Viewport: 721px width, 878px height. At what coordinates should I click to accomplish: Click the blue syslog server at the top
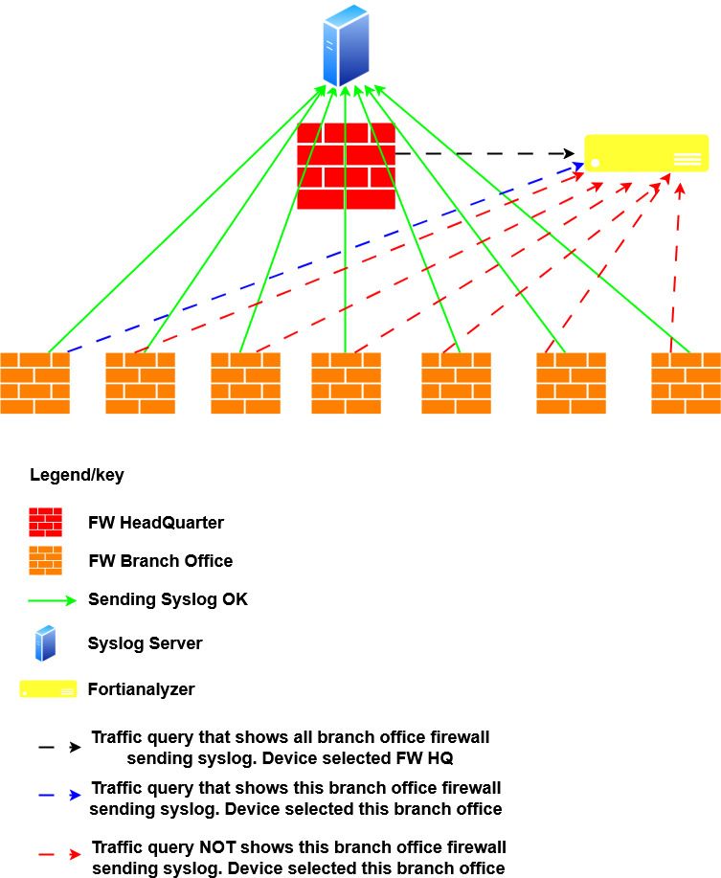346,45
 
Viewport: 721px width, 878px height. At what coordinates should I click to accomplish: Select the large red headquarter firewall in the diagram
346,166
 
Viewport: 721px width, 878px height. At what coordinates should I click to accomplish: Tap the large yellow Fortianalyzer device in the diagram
646,153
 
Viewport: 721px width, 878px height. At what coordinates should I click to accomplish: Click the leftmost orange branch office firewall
34,383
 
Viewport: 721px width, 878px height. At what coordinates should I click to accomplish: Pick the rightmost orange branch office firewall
686,383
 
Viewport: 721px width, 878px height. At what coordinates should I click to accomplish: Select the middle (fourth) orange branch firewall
347,383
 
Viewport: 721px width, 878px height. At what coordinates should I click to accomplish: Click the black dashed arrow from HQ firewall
488,153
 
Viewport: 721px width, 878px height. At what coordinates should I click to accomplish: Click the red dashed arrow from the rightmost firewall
676,268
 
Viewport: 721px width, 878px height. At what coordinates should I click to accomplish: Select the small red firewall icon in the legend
46,523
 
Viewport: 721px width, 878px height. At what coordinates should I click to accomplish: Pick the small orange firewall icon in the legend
46,560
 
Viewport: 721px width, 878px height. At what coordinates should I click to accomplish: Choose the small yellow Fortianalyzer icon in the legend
48,689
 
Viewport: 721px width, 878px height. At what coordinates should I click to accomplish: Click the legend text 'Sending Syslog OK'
168,599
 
